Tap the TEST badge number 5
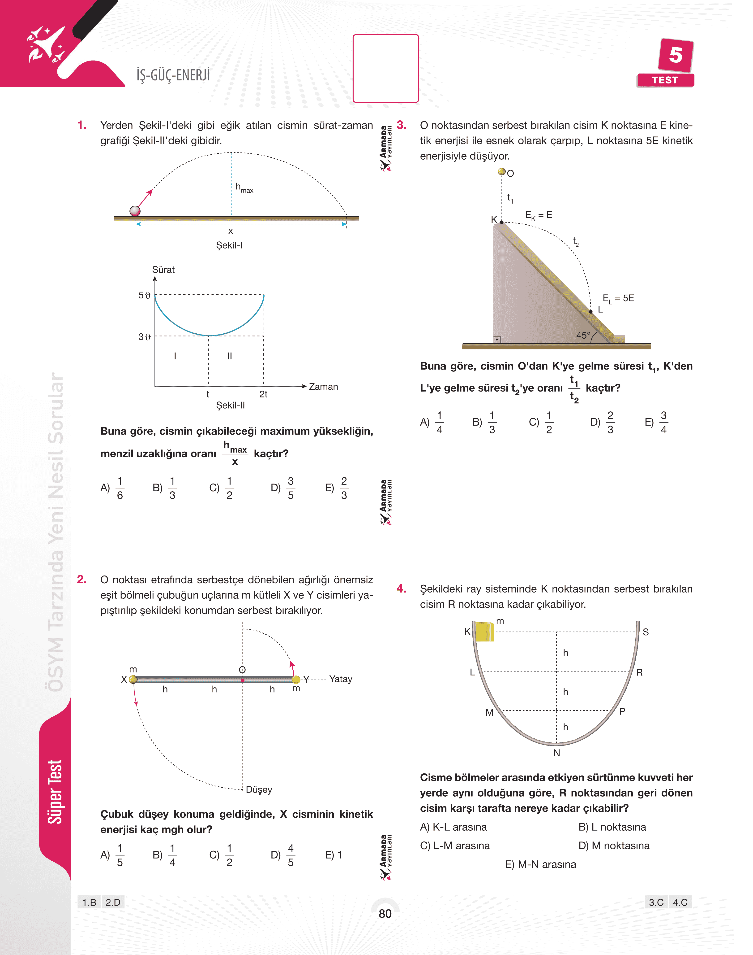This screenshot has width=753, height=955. coord(675,55)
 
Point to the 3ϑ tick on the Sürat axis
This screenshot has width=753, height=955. coord(145,337)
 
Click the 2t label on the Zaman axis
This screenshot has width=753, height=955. coord(263,394)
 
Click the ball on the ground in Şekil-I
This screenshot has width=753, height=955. coord(135,211)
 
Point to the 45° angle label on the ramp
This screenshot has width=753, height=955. coord(583,336)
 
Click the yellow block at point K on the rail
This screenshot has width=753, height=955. coord(484,632)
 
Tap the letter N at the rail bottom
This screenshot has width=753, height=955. coord(557,753)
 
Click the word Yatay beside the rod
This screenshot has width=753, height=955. coord(341,679)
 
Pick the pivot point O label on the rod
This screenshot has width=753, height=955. coord(242,669)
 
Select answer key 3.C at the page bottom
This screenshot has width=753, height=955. coord(656,902)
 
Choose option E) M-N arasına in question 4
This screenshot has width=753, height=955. coord(540,864)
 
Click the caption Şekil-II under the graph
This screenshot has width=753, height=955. coord(230,405)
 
